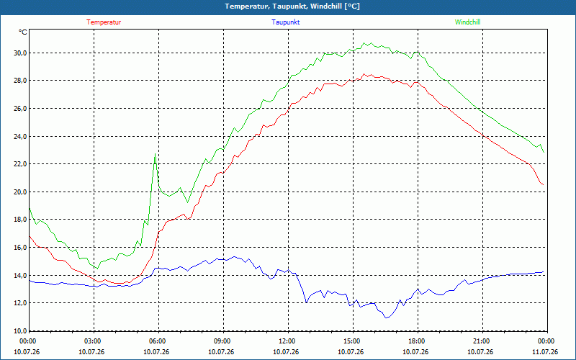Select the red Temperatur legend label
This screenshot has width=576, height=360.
(x=104, y=22)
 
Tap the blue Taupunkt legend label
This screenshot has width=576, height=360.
(x=285, y=22)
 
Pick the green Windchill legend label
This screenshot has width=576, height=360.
(x=467, y=22)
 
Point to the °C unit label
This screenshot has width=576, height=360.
(x=23, y=32)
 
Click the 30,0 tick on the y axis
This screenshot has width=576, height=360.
(x=21, y=53)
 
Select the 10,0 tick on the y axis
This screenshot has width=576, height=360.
(x=21, y=330)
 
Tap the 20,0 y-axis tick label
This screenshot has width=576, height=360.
(x=21, y=192)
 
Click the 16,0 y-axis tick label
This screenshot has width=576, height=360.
(x=21, y=247)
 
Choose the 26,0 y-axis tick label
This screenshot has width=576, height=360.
(x=21, y=109)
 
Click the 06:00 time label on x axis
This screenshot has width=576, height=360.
(x=158, y=341)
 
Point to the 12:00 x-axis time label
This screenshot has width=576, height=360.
(x=289, y=341)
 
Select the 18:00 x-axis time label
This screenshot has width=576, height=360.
(x=418, y=341)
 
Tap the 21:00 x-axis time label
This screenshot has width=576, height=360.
(x=482, y=341)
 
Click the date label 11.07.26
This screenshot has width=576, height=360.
(x=545, y=351)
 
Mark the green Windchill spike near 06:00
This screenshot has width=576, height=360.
(x=156, y=153)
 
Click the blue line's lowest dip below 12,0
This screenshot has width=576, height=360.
(x=386, y=318)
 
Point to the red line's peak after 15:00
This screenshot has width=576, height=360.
(x=364, y=74)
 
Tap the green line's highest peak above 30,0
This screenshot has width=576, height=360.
(x=364, y=43)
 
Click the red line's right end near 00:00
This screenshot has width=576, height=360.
(x=544, y=185)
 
